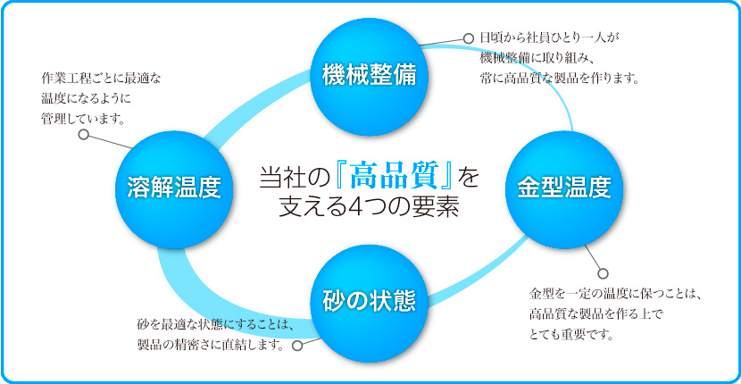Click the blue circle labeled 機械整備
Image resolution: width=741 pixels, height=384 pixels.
coord(370,77)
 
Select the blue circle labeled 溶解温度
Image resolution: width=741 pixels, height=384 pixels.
coord(175,189)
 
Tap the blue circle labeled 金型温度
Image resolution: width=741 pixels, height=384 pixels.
coord(565,189)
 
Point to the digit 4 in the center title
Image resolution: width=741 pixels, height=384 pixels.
coord(347,207)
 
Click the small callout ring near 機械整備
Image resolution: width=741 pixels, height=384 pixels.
coord(468,38)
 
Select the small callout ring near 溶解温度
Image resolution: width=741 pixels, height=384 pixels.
coord(84,135)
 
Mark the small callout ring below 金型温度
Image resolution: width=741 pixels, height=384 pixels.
coord(603,273)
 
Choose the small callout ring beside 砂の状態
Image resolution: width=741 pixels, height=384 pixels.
coord(297,346)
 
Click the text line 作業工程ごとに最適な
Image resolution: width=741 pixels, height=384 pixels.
coord(101,78)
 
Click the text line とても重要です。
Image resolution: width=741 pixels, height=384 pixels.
coord(571,336)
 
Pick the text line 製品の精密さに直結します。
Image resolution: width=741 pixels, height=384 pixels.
coord(212,345)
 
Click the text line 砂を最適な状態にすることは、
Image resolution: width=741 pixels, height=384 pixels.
coord(216,325)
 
